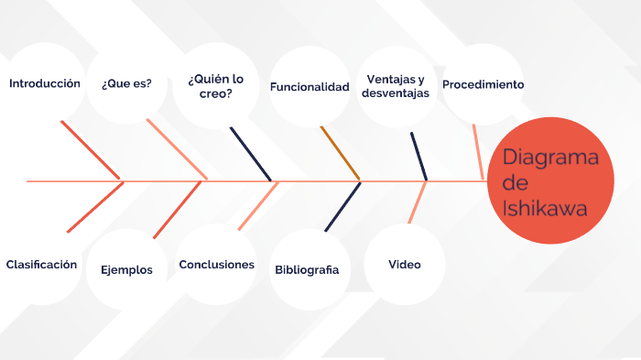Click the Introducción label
(45, 83)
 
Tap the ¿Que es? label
(127, 83)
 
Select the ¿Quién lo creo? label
(216, 85)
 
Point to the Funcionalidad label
(310, 87)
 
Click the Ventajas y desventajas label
(396, 86)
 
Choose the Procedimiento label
(483, 84)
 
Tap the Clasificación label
(41, 264)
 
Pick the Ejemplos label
(126, 269)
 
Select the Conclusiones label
(216, 265)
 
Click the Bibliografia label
(307, 269)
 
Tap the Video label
(405, 265)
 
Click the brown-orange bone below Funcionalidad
(340, 153)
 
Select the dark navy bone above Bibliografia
(342, 206)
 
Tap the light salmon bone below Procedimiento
(478, 151)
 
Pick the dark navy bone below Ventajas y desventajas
(418, 156)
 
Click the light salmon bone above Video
(417, 202)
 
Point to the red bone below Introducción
(91, 149)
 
